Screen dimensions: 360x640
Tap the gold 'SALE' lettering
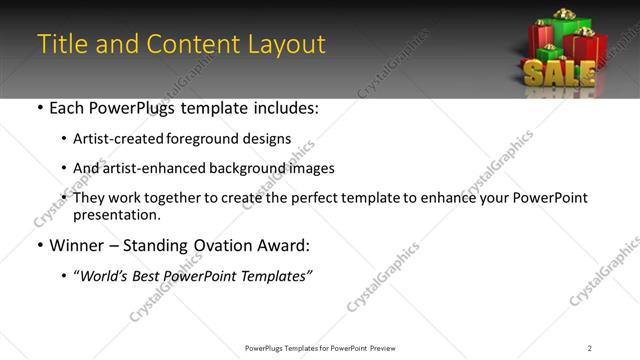[x=559, y=73]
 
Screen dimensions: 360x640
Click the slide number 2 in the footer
[x=589, y=348]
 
